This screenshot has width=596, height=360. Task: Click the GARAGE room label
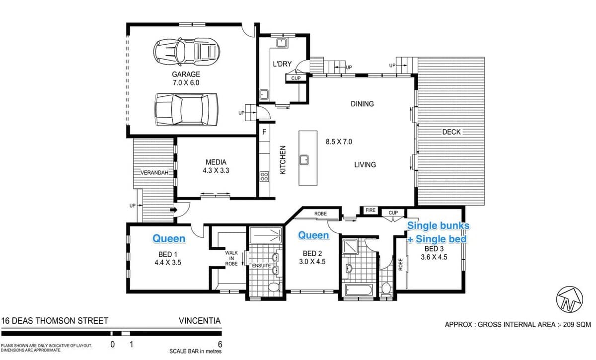click(x=186, y=74)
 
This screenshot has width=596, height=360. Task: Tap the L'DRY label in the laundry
click(x=282, y=64)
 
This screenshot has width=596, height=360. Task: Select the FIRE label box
click(x=371, y=210)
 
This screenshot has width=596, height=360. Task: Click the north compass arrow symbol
click(x=570, y=299)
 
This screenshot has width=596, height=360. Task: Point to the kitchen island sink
click(x=304, y=160)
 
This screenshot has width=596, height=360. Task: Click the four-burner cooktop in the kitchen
click(x=264, y=176)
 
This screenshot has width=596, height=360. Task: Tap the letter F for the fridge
click(x=264, y=132)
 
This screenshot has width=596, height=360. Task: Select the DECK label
click(x=451, y=132)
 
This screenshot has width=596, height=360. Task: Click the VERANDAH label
click(x=154, y=173)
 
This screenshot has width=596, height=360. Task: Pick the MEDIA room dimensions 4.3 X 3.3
click(x=216, y=170)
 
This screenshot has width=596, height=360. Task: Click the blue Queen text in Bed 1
click(x=169, y=239)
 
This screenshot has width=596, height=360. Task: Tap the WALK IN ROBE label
click(x=231, y=258)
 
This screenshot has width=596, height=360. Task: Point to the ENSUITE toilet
click(x=274, y=287)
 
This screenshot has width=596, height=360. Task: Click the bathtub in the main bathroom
click(x=359, y=290)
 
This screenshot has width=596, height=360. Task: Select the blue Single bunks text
click(x=438, y=225)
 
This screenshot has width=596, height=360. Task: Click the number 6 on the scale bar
click(x=220, y=344)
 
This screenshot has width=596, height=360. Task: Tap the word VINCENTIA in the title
click(x=200, y=321)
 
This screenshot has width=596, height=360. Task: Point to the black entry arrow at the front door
click(x=173, y=210)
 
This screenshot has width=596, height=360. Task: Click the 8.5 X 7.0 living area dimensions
click(x=339, y=142)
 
